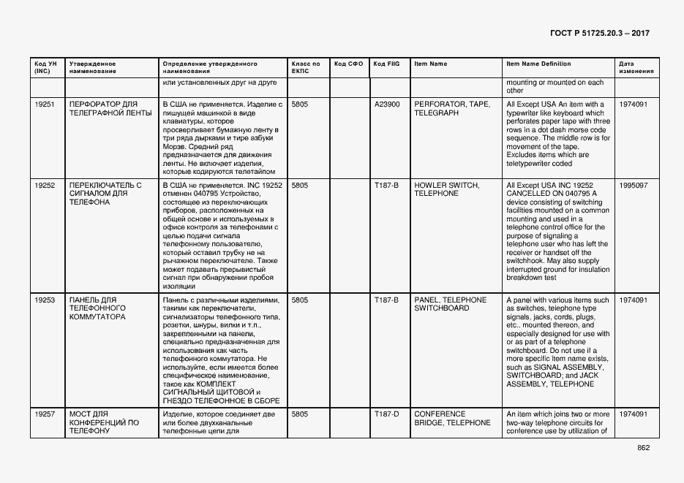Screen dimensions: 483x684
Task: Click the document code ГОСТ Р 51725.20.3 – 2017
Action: pyautogui.click(x=599, y=34)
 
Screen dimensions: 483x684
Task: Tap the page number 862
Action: pyautogui.click(x=643, y=448)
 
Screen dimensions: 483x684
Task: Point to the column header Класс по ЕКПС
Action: pyautogui.click(x=306, y=67)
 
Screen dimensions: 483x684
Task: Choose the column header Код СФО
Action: pyautogui.click(x=348, y=64)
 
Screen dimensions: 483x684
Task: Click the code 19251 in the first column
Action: pyautogui.click(x=45, y=104)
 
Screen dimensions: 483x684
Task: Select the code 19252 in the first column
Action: pyautogui.click(x=45, y=186)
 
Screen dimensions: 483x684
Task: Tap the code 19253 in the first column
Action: pyautogui.click(x=45, y=300)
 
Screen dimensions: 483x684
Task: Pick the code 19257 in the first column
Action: pyautogui.click(x=45, y=414)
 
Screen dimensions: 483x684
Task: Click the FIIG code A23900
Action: pyautogui.click(x=387, y=104)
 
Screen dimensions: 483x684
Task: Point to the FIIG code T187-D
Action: pyautogui.click(x=386, y=414)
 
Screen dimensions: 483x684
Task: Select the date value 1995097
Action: pyautogui.click(x=633, y=186)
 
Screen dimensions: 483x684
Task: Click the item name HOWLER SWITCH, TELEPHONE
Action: pyautogui.click(x=447, y=190)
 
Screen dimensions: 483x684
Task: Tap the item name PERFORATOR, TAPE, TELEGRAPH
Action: pyautogui.click(x=451, y=109)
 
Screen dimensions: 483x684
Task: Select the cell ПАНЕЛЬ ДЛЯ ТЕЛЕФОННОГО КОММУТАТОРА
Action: pyautogui.click(x=97, y=308)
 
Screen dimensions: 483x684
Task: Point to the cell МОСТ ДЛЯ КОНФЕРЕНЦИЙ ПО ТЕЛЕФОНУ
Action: pyautogui.click(x=103, y=422)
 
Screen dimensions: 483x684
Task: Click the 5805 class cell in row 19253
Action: pyautogui.click(x=300, y=300)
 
